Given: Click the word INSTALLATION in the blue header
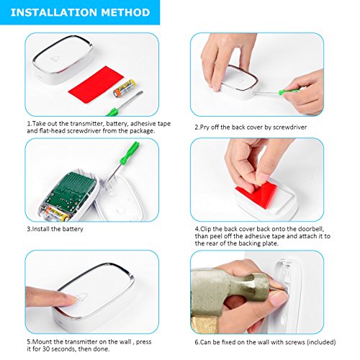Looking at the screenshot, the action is pos(53,12).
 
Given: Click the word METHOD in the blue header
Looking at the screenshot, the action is pos(125,12).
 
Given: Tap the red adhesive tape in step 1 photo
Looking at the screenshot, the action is pos(96,84).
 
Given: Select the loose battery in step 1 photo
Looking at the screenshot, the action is pos(125,88).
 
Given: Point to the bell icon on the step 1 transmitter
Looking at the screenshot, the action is pos(55,58).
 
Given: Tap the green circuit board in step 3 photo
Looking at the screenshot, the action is pos(71,190).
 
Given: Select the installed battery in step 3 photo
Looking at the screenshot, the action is pos(58,214).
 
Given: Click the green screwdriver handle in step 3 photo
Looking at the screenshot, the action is pos(130,153).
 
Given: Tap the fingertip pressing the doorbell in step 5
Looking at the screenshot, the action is pos(70,299).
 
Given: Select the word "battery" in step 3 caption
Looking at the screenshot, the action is pos(72,229).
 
